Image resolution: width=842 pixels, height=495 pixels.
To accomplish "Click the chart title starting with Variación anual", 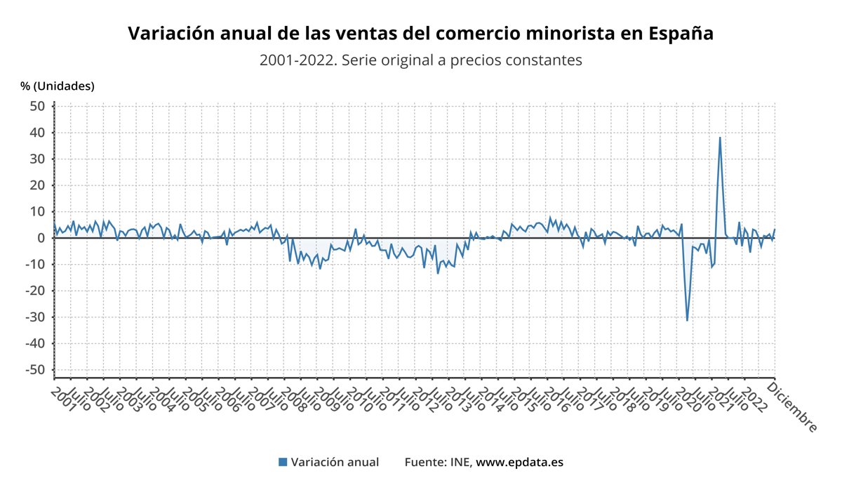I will point(420,33).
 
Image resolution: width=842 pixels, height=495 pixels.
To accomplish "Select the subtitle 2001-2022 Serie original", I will point(420,60).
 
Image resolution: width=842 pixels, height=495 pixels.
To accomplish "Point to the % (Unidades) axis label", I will point(58,86).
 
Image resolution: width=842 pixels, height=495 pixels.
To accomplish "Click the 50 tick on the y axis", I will point(36,106).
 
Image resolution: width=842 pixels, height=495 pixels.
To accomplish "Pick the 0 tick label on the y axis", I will point(41,238).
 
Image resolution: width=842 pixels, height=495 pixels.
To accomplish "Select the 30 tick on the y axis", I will point(36,159).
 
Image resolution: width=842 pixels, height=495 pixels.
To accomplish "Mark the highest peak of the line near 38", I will point(720,138).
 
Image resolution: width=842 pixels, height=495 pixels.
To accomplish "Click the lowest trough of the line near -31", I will point(687,321).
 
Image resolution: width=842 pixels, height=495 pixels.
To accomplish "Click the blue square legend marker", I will point(283,462).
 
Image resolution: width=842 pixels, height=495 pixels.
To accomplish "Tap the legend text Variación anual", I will point(335,462).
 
